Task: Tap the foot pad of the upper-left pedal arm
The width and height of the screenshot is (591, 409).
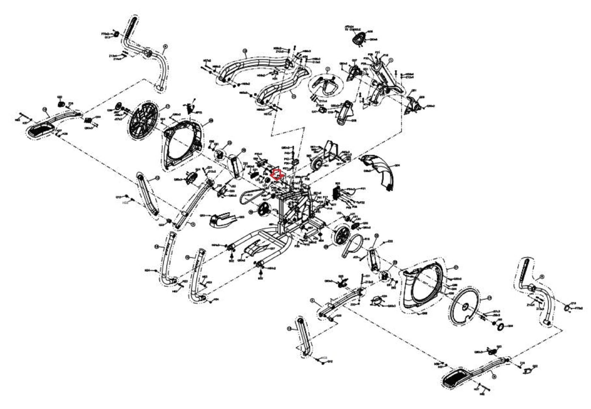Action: pos(40,129)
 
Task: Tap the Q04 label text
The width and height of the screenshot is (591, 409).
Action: pos(397,166)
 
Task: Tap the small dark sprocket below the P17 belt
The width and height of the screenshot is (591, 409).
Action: pos(263,209)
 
